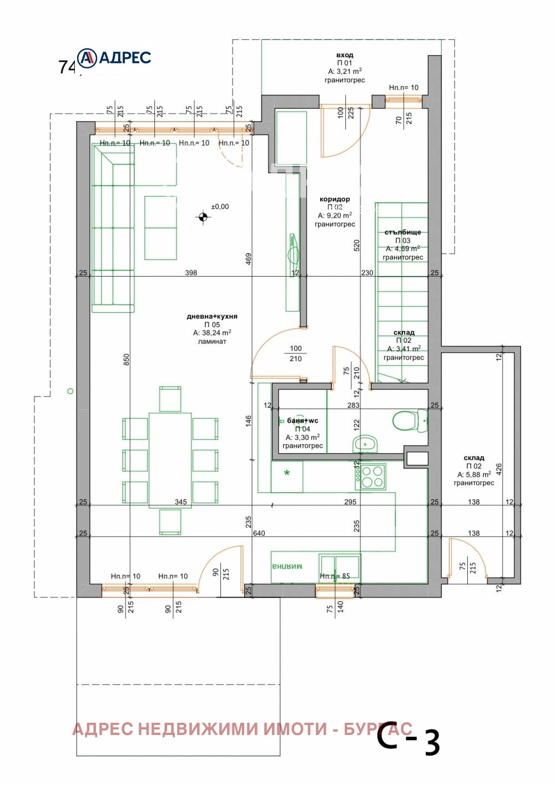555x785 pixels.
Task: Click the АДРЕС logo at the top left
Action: point(114,58)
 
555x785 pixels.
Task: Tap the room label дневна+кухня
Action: point(212,316)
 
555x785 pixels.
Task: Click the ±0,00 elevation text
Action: point(220,207)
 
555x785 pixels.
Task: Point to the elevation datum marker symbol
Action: point(203,217)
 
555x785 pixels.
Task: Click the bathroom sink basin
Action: point(365,444)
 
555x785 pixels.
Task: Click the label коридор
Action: point(335,199)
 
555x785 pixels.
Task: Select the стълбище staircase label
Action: point(403,232)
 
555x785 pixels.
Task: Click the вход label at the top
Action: point(345,55)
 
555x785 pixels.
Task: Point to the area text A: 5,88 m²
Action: point(474,474)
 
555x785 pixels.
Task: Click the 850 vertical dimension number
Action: point(126,359)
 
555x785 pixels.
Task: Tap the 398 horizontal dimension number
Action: point(191,273)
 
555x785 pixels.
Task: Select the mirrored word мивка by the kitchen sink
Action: point(287,567)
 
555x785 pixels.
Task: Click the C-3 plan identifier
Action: point(408,740)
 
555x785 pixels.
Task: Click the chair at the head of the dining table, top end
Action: point(170,398)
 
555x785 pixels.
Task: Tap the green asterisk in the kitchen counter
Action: point(287,474)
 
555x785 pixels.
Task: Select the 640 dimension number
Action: point(259,533)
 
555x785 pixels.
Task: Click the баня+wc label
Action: point(302,421)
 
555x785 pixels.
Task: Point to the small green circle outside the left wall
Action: point(70,391)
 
